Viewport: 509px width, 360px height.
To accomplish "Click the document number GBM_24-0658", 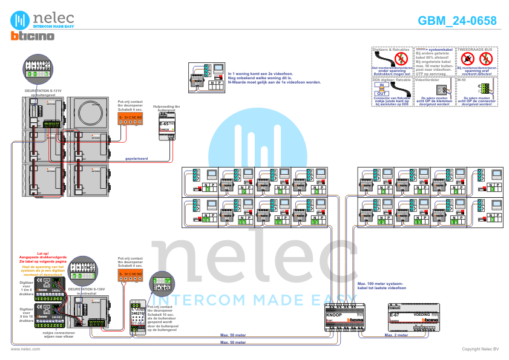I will pyautogui.click(x=457, y=21).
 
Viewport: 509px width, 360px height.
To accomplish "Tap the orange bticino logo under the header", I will pyautogui.click(x=33, y=36).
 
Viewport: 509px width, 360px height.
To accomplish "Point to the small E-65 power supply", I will pyautogui.click(x=167, y=127).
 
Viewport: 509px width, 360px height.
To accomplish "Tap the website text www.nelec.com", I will pyautogui.click(x=25, y=349).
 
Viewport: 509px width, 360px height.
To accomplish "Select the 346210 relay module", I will pyautogui.click(x=136, y=316).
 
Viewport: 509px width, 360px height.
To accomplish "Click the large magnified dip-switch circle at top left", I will pyautogui.click(x=42, y=70).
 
